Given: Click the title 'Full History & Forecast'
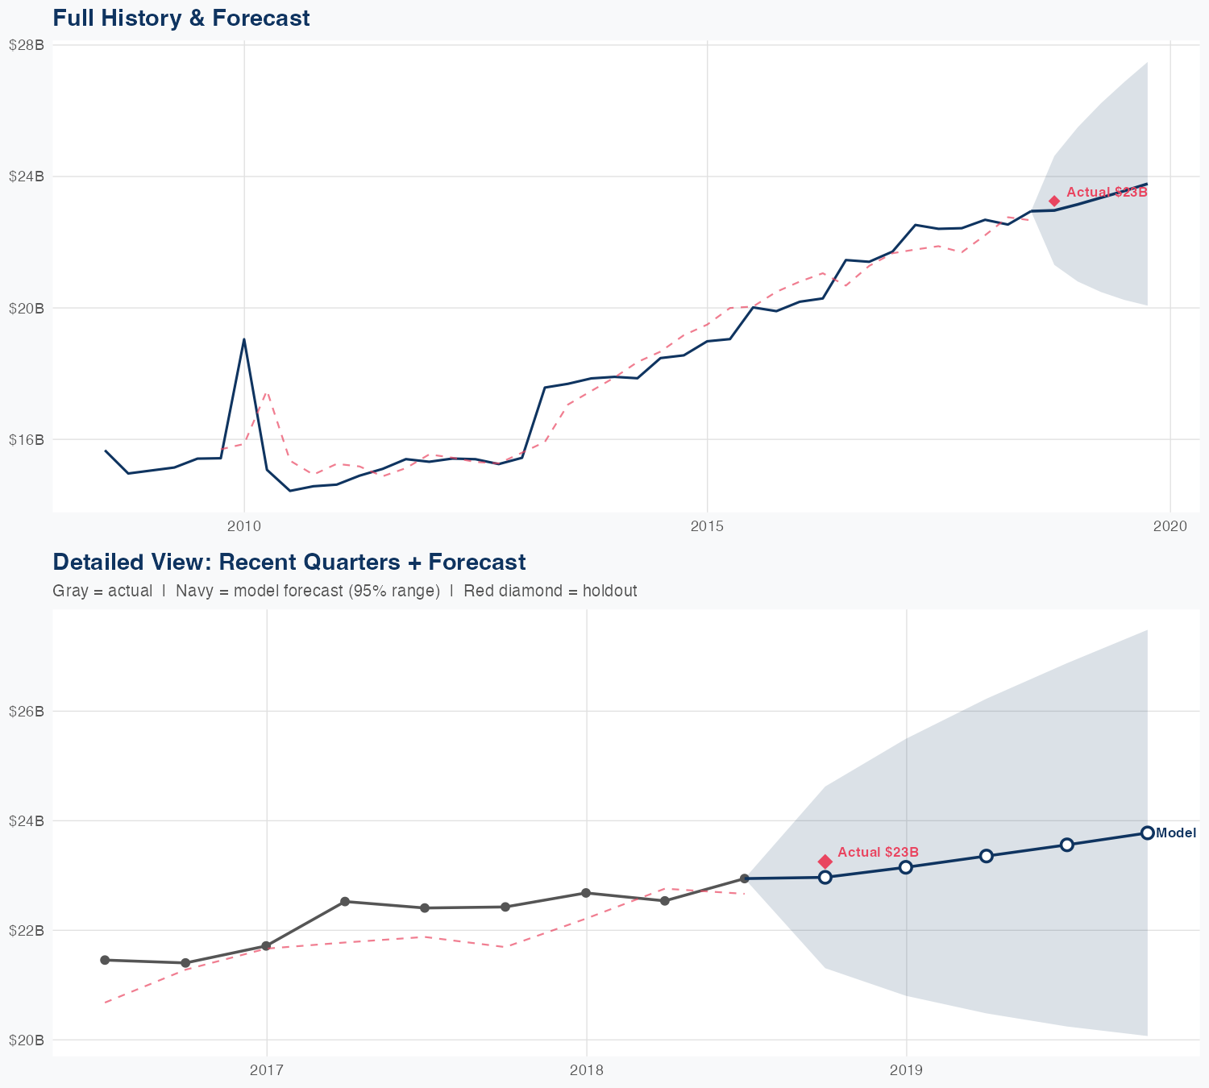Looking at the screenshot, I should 181,18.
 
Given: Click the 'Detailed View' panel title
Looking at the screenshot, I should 289,562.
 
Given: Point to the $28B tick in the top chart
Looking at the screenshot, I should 26,45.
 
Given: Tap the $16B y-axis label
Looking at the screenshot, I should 26,439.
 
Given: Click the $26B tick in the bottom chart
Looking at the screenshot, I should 26,711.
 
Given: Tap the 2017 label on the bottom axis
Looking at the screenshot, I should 266,1070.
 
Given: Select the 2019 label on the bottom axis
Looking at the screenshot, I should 906,1070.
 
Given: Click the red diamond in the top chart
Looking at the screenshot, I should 1054,201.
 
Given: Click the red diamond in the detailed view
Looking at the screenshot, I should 825,862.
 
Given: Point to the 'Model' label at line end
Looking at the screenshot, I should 1176,833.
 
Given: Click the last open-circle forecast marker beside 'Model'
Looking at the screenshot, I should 1147,833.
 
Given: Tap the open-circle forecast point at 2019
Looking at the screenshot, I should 906,867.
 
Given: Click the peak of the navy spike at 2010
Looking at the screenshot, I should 244,339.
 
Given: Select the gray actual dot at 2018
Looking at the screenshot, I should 586,893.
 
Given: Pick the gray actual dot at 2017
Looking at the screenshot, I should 266,946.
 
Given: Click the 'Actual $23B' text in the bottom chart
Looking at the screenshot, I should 878,852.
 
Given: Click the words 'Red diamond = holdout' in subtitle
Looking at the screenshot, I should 550,591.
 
